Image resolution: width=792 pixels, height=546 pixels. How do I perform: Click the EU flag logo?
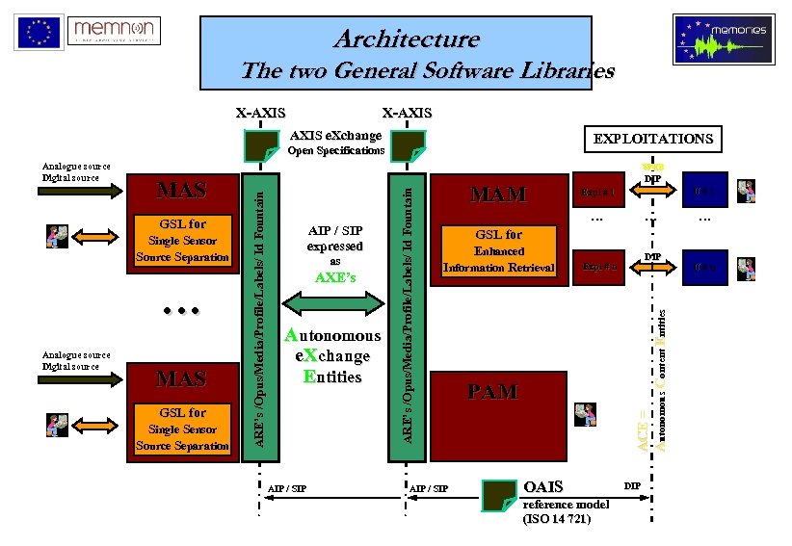point(39,32)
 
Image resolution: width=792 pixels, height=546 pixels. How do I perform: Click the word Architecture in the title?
point(406,39)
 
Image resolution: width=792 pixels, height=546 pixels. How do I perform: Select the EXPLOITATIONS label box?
point(653,139)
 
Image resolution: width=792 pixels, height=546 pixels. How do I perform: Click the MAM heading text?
point(497,195)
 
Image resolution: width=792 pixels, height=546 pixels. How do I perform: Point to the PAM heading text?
point(493,392)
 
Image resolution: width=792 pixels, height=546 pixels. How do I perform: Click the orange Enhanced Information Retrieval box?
point(499,250)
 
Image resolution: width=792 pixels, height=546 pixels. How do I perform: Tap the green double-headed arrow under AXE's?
point(335,304)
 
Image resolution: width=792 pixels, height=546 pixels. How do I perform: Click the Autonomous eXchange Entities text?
point(333,355)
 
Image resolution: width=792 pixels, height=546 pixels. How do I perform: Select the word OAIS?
point(544,486)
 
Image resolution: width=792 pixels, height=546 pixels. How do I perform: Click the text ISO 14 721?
point(556,519)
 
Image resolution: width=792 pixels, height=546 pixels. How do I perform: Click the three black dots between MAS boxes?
point(179,312)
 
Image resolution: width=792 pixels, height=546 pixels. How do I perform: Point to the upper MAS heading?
point(181,190)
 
